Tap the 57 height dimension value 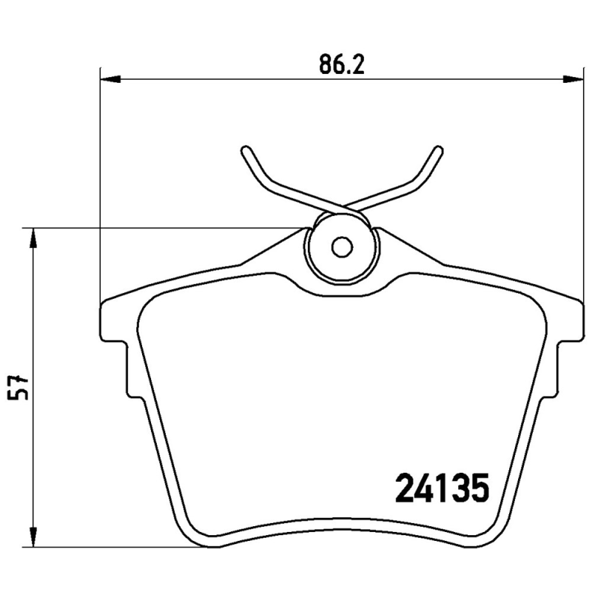[22, 388]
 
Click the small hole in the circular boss [342, 246]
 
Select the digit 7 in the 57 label [22, 380]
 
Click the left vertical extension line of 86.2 [99, 185]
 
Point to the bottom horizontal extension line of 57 [111, 548]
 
